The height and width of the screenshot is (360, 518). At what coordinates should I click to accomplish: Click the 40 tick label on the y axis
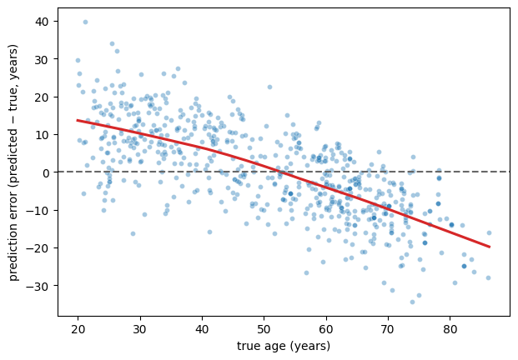point(41,22)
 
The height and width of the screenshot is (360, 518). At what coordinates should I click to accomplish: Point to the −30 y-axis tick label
point(37,286)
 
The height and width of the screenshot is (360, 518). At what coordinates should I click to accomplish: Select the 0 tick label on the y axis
point(45,172)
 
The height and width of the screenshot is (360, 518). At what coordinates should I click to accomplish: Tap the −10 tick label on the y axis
point(37,210)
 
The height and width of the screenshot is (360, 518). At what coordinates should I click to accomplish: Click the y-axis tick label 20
point(41,97)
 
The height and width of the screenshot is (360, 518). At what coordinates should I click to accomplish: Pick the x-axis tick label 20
point(78,329)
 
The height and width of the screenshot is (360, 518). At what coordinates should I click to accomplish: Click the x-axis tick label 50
point(264,329)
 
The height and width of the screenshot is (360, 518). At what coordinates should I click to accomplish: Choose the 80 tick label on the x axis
point(450,329)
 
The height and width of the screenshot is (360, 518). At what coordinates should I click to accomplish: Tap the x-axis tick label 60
point(326,329)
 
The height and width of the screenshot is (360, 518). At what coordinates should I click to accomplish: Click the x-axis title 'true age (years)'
point(284,346)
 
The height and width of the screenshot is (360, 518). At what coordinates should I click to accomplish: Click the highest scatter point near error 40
point(85,22)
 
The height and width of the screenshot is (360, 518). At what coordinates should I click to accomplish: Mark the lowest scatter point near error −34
point(412,302)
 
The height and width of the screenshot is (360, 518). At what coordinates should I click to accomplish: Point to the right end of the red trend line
point(490,247)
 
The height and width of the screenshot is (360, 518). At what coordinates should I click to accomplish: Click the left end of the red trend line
point(78,120)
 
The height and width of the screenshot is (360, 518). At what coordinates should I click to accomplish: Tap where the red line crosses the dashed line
point(280,172)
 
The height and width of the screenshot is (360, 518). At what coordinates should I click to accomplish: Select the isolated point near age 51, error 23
point(269,87)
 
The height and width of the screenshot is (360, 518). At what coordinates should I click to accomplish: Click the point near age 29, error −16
point(133,233)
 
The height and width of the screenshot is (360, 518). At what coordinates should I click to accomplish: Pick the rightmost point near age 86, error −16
point(489,233)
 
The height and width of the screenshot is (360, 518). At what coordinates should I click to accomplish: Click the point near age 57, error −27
point(306,272)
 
